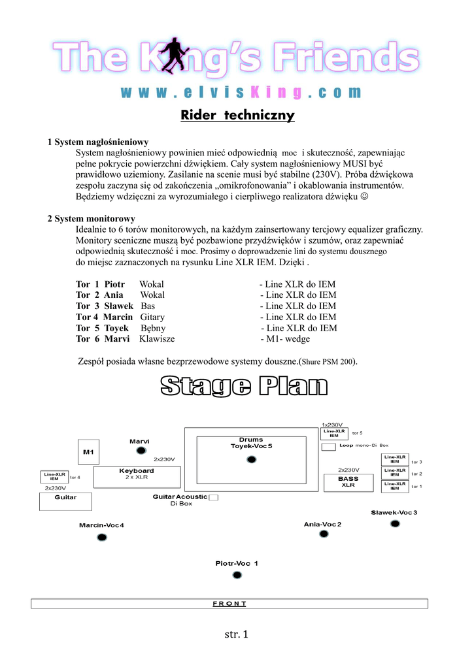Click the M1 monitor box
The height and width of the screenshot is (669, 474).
click(88, 451)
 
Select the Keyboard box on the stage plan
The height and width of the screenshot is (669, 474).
click(137, 477)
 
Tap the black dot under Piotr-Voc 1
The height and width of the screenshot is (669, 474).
click(237, 576)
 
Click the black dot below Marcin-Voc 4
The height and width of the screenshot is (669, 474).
click(101, 538)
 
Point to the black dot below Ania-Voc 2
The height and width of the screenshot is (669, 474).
click(323, 534)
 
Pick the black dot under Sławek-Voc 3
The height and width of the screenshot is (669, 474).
click(394, 524)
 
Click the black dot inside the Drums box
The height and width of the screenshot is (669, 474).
click(251, 460)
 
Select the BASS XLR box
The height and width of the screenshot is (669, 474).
click(348, 482)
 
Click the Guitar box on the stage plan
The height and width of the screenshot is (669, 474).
click(65, 501)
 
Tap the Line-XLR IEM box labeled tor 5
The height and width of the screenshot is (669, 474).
click(334, 433)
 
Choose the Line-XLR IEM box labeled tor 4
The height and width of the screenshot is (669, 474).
click(54, 477)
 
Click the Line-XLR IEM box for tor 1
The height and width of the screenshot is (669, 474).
click(395, 486)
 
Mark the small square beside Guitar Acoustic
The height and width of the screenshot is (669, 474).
click(213, 498)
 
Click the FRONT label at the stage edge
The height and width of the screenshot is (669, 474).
click(229, 604)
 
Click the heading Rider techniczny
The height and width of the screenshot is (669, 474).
click(237, 116)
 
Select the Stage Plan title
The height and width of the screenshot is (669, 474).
click(244, 386)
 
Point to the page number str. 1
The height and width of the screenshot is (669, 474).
click(237, 634)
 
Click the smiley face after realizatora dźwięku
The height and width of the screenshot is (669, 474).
click(364, 196)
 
